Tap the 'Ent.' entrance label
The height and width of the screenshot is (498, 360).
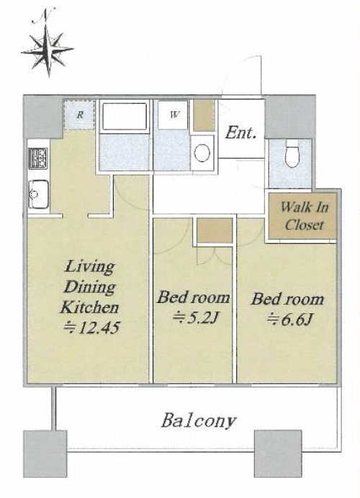pos(241,132)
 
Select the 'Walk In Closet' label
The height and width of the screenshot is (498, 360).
pos(304,216)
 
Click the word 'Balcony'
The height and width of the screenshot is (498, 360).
pos(199,421)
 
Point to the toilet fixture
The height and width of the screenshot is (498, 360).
pos(292,156)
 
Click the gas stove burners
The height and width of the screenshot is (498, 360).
pos(39,158)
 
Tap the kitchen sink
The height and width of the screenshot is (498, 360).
pos(38,194)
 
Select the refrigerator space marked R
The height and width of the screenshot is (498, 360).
pos(79,114)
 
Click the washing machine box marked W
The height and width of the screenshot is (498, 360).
pos(174,114)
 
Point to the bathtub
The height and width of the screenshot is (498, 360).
pos(125,115)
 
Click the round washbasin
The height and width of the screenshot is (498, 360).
pos(202,153)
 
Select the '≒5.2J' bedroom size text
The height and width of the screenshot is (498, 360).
pos(194,317)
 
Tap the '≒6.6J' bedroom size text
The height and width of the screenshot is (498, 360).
pos(289,320)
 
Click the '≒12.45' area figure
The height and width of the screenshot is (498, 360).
pos(91,327)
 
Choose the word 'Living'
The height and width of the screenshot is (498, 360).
pos(89,267)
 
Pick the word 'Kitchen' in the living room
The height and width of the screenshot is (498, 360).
pos(89,307)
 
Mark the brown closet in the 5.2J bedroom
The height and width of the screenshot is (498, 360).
pos(215,230)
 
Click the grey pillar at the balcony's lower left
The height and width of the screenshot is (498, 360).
pos(45,453)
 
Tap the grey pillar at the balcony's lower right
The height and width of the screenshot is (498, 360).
pos(278,453)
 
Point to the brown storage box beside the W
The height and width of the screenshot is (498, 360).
pos(204,115)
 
